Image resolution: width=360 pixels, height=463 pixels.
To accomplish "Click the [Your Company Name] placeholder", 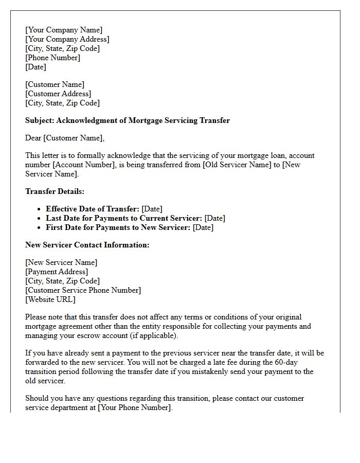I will [64, 30].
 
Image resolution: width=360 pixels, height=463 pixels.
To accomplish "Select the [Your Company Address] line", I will [67, 39].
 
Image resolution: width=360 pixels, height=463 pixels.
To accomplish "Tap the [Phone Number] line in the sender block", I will [52, 58].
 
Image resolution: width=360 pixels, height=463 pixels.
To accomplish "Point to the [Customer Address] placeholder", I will [58, 94].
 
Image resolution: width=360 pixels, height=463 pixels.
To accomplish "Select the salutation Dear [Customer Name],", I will [65, 138].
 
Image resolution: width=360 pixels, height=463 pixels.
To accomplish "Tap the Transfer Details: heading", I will [55, 191].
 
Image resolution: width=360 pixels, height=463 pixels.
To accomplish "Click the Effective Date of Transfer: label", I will [93, 209].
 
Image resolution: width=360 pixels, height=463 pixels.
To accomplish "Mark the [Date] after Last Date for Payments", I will [214, 218].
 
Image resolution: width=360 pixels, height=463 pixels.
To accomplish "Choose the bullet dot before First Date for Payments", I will [40, 227].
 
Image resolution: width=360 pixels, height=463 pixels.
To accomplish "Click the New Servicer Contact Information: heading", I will [87, 245].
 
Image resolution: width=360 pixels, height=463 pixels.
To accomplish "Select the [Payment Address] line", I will [57, 272].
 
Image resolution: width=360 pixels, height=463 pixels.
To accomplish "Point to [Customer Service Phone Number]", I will [83, 290].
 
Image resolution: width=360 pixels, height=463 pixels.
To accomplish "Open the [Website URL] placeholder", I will [50, 299].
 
